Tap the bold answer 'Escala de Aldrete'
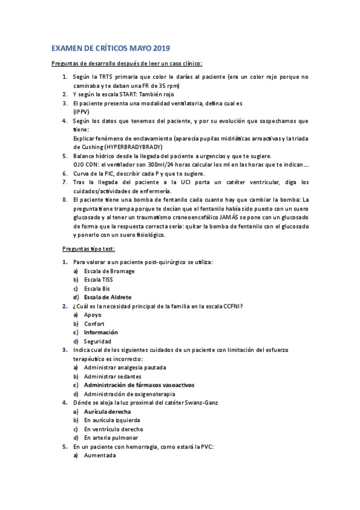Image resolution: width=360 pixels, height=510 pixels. coord(108,297)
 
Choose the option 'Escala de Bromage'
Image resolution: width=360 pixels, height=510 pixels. coord(109,271)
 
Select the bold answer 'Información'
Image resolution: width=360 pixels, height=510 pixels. coord(101,332)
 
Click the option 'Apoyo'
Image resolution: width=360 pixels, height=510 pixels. coord(93,315)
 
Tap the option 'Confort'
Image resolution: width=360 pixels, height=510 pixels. coord(94,324)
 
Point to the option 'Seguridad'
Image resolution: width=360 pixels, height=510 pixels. coord(97,341)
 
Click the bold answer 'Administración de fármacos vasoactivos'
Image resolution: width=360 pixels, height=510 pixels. coord(139,385)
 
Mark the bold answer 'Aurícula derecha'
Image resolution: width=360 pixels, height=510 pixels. coord(108,411)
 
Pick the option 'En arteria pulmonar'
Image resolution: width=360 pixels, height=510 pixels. coord(112,438)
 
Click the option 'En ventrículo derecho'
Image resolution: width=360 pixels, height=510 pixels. coord(114,429)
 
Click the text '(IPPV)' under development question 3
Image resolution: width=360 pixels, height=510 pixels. coord(82,112)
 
